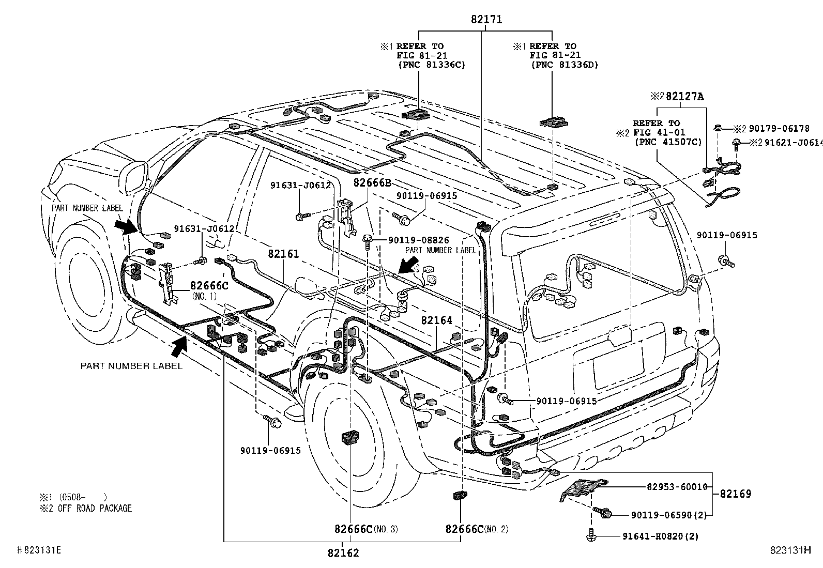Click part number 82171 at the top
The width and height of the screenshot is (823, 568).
coord(486,20)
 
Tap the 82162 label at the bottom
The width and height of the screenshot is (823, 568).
coord(343,553)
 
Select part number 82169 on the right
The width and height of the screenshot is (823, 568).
coord(736,494)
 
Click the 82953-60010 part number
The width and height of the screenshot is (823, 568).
coord(677,486)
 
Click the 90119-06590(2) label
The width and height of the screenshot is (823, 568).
coord(669,515)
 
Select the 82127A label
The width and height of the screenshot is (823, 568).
coord(684,96)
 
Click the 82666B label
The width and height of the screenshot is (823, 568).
coord(372,182)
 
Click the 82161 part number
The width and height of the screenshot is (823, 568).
coord(283,254)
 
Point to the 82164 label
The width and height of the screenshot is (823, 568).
coord(436,320)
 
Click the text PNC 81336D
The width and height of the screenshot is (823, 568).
coord(565,65)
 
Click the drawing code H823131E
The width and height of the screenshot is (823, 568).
coord(39,550)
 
